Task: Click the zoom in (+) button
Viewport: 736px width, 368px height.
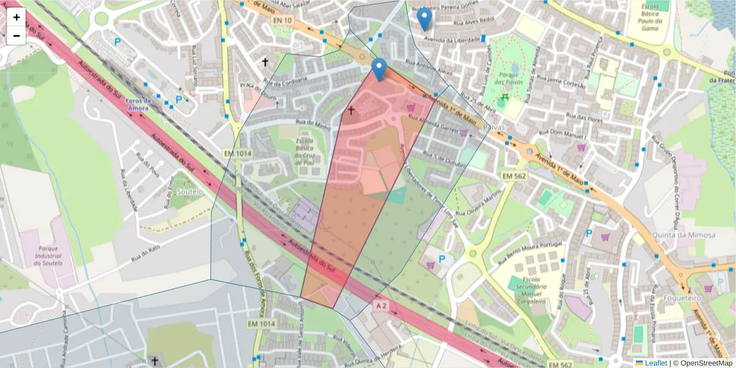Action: [17, 17]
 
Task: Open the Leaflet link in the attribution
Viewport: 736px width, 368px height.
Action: [655, 363]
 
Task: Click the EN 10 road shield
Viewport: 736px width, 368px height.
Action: [283, 21]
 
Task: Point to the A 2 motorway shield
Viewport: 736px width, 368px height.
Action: [381, 305]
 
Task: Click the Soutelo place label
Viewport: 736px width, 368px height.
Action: [190, 191]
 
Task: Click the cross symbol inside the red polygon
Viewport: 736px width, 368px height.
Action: [351, 111]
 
